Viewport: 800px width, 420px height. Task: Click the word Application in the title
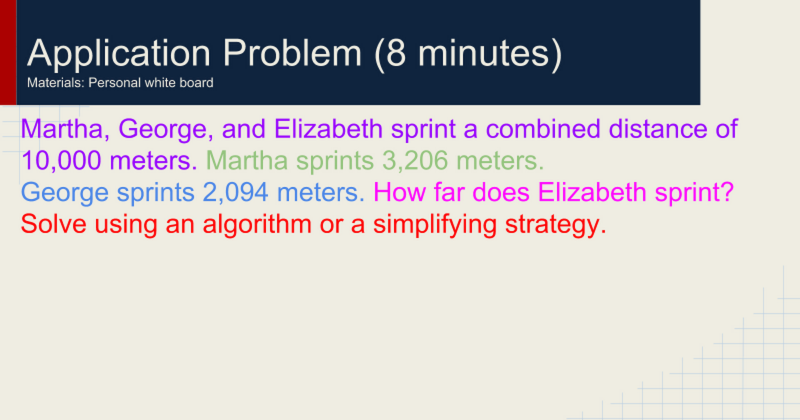[x=119, y=53]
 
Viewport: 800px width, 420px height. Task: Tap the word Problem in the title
[x=293, y=53]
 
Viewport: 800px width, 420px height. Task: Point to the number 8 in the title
[x=396, y=53]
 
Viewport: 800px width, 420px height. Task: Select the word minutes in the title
[x=483, y=53]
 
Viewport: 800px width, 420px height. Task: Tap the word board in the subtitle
[x=197, y=83]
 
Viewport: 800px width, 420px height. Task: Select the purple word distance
[x=658, y=129]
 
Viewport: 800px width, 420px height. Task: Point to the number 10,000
[x=61, y=161]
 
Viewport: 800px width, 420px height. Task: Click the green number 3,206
[x=415, y=161]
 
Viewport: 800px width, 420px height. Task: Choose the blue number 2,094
[x=235, y=192]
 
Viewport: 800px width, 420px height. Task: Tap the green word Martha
[x=247, y=161]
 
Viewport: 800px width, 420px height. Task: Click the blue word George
[x=65, y=193]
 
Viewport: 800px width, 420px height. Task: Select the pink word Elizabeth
[x=592, y=192]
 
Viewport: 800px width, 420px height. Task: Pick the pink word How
[x=399, y=192]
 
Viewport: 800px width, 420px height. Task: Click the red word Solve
[x=53, y=224]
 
